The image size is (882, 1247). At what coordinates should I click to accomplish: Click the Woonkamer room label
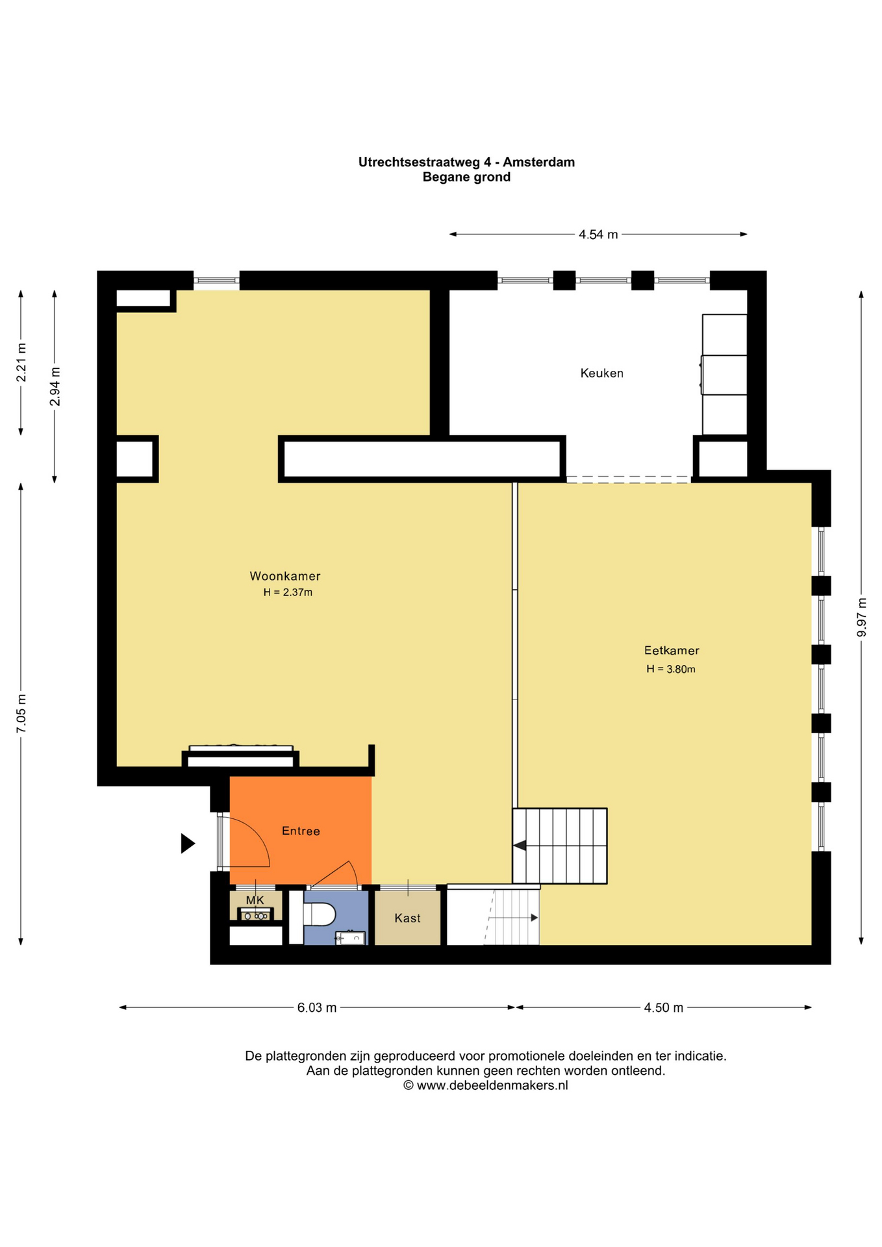tap(285, 576)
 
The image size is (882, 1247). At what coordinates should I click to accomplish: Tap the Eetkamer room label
tap(671, 650)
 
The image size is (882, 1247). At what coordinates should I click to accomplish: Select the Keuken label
tap(601, 373)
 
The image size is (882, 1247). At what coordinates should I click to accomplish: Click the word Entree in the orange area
tap(301, 831)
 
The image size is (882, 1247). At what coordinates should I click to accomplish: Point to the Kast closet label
tap(407, 918)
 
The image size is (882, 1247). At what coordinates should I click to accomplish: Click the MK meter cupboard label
tap(255, 900)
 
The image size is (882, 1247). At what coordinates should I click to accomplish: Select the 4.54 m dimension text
tap(598, 234)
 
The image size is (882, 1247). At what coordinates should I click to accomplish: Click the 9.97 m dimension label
tap(862, 617)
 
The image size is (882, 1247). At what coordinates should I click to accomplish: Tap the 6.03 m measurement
tap(317, 1008)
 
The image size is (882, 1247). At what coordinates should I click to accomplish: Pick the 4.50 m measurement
tap(663, 1008)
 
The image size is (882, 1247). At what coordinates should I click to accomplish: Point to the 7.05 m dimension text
tap(21, 714)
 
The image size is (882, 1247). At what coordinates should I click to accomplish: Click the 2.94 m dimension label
tap(55, 386)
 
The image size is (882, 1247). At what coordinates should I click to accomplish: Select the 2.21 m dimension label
tap(21, 362)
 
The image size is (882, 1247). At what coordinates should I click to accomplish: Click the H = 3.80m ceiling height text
tap(670, 670)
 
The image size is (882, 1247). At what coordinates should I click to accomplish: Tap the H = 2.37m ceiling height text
tap(288, 592)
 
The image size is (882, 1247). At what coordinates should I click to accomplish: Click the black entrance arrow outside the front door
tap(187, 844)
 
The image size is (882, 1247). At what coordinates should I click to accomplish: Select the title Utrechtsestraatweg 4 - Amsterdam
tap(466, 162)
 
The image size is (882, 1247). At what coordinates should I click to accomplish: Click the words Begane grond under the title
tap(466, 177)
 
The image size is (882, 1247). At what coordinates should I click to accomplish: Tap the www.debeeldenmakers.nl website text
tap(492, 1085)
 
